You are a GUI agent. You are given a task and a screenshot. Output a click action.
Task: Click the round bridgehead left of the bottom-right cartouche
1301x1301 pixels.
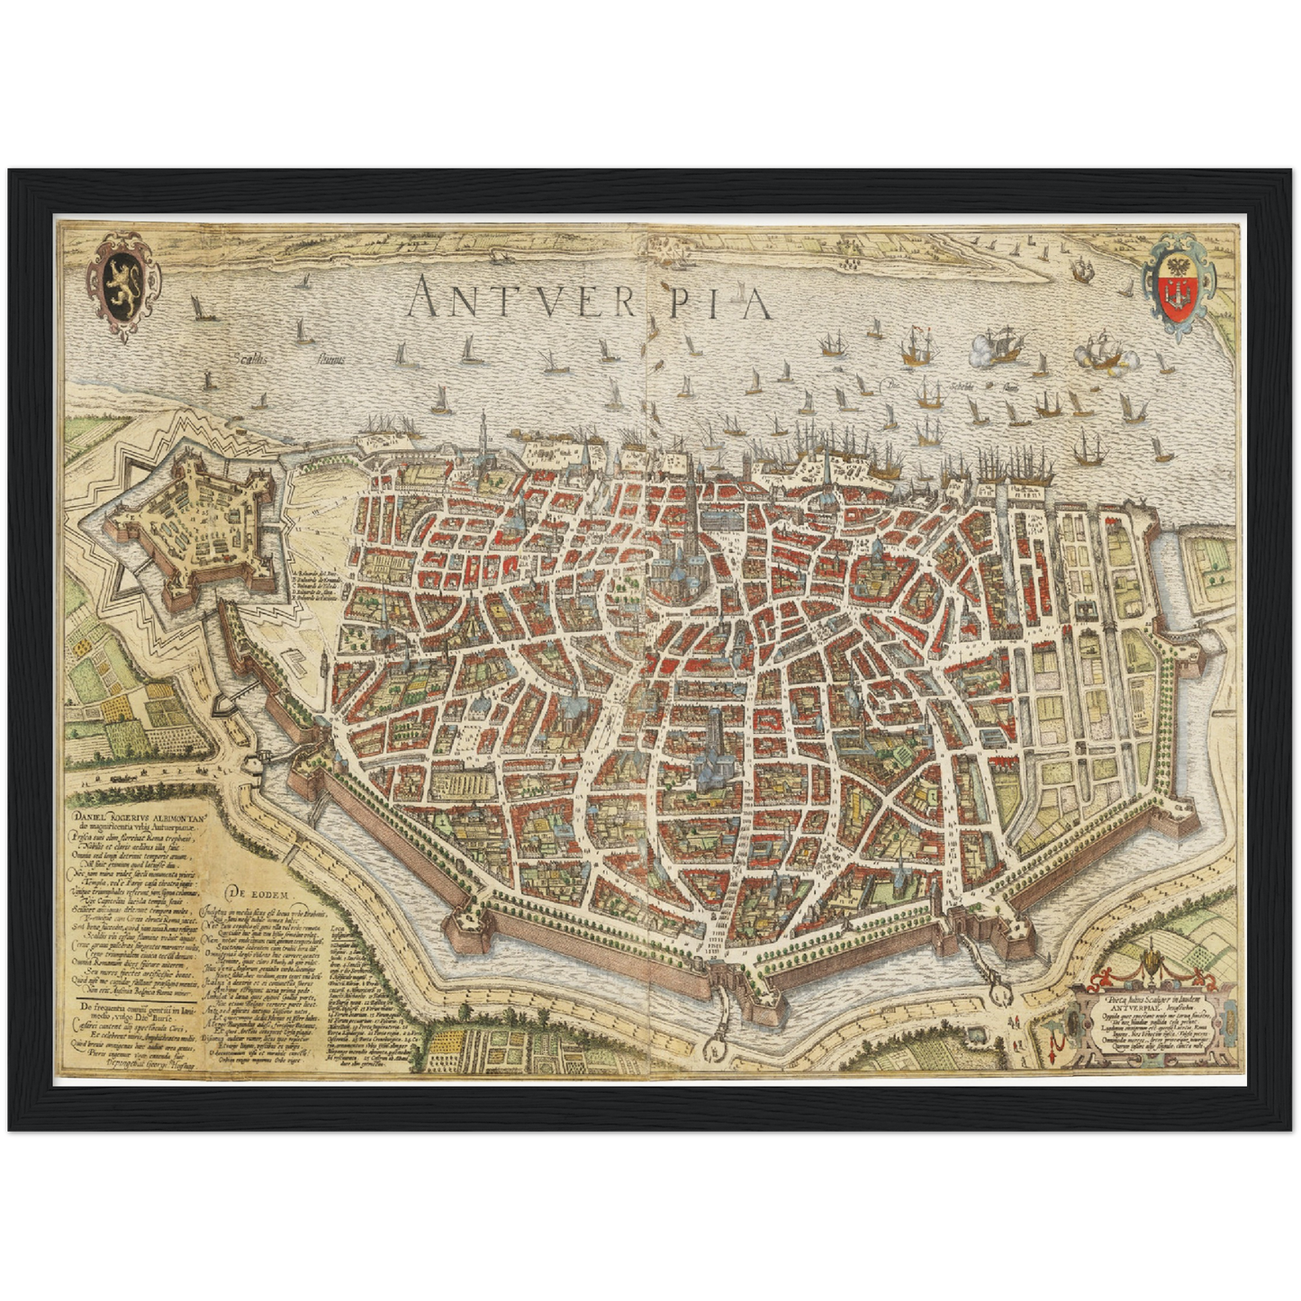[x=1000, y=995]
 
